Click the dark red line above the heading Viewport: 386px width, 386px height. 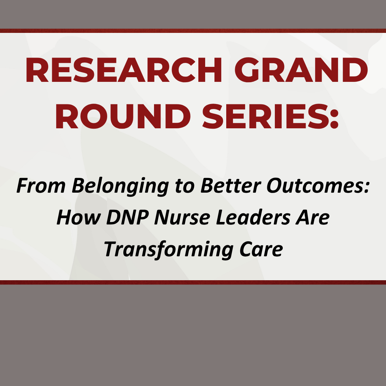[x=193, y=31]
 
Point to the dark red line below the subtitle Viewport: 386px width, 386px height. [x=193, y=282]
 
